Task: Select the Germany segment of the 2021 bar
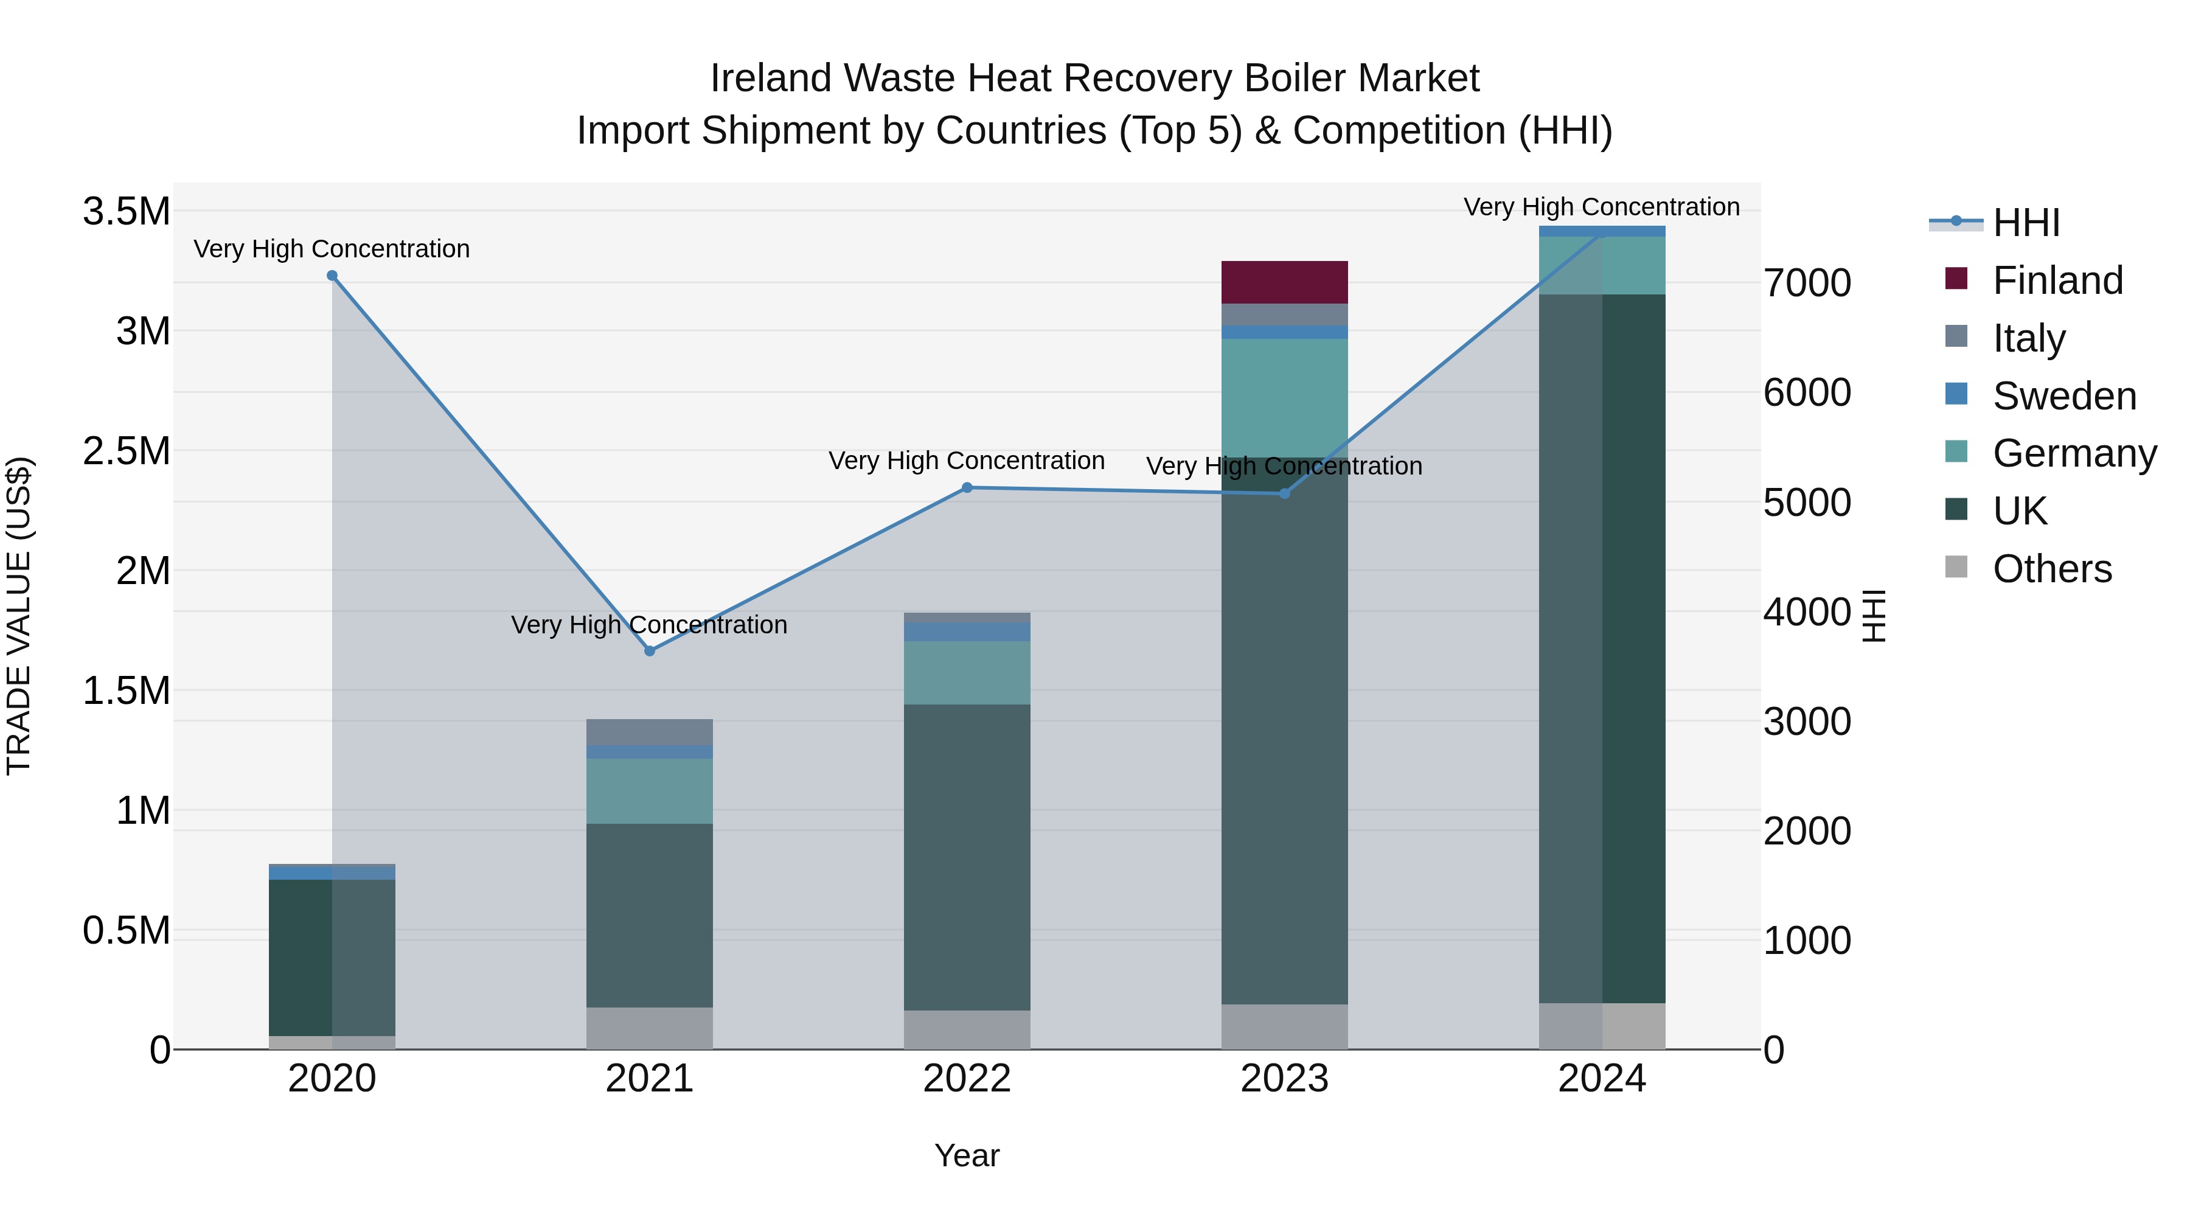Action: pos(650,791)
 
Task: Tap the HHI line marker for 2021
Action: pos(650,651)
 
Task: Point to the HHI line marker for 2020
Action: pos(332,276)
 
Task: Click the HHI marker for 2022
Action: pos(967,488)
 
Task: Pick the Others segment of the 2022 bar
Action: pos(967,1029)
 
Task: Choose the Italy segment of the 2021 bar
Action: pos(650,732)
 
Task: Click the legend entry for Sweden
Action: pos(2063,396)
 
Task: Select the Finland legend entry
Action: pos(2057,280)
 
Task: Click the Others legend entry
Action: pos(2051,569)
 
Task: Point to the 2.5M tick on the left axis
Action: pos(127,451)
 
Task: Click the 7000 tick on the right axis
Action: pos(1807,283)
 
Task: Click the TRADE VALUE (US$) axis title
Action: pos(19,616)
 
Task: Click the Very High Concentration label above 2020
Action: pos(332,249)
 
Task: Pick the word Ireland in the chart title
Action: pos(770,78)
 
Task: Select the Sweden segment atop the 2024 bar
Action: pos(1602,231)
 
